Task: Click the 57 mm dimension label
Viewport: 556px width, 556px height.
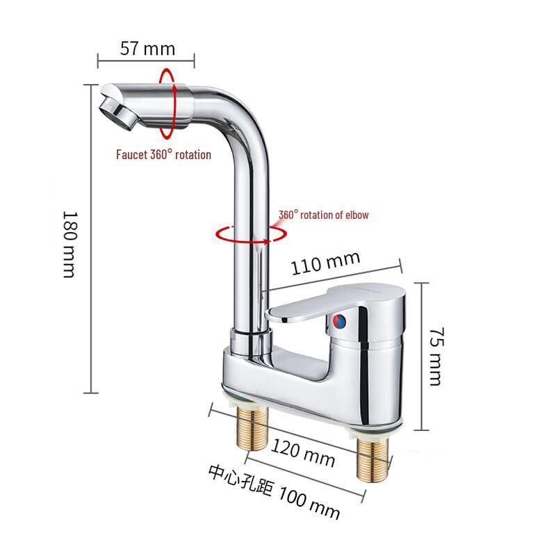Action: (x=147, y=49)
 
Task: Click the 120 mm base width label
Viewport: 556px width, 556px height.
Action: (x=303, y=453)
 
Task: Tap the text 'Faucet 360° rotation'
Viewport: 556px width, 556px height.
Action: (x=163, y=154)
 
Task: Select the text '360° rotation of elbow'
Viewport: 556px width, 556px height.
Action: (x=323, y=215)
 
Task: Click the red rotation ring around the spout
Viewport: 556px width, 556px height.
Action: (x=167, y=104)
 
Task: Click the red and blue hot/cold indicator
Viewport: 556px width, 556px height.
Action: (x=340, y=322)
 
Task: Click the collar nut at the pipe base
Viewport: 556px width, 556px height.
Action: (x=251, y=341)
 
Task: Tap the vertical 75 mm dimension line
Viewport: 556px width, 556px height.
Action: (x=420, y=355)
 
